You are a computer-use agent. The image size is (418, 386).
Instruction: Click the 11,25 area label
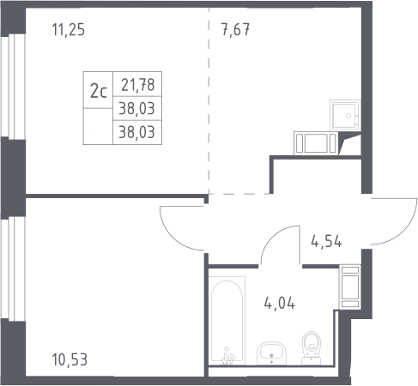click(x=69, y=30)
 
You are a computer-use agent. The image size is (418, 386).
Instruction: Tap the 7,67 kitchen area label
click(x=235, y=30)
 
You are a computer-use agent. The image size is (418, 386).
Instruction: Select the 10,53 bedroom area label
click(x=70, y=359)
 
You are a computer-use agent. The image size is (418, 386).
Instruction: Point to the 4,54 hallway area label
click(x=326, y=242)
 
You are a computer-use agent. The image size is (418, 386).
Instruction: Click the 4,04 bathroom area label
click(x=280, y=304)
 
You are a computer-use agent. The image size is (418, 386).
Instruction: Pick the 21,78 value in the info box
click(x=137, y=85)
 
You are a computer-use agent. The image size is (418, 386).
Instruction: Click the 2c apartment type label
click(x=98, y=91)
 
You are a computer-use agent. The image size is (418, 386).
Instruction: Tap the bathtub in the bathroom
click(x=227, y=320)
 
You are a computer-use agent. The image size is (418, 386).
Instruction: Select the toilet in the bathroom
click(x=312, y=347)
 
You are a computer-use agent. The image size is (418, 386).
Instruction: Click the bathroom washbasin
click(x=271, y=353)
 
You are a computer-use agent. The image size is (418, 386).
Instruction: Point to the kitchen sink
click(x=345, y=115)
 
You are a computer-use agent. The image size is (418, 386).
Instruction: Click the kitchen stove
click(x=316, y=143)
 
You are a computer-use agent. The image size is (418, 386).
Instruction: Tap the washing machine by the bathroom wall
click(x=350, y=286)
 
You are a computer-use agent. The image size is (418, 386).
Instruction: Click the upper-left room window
click(x=13, y=87)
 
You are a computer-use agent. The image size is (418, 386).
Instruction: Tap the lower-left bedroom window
click(x=13, y=268)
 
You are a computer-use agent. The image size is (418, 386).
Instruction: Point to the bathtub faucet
click(x=227, y=358)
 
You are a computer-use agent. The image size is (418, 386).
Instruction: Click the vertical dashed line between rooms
click(x=209, y=101)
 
